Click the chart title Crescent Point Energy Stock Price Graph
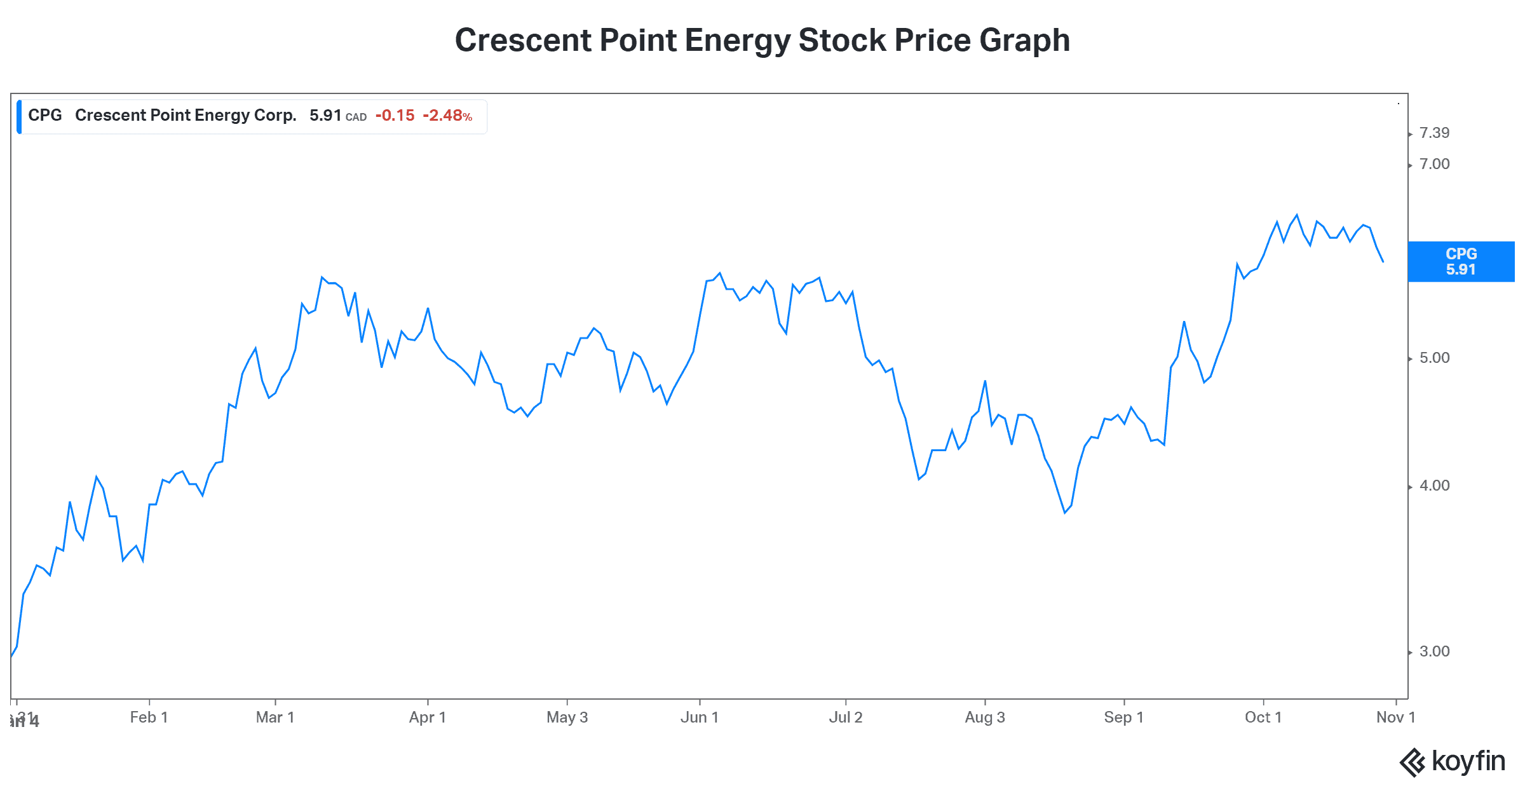762,41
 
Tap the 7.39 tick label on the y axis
1434,133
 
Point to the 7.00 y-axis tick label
1434,164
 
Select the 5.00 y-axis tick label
1434,358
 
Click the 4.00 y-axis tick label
1434,486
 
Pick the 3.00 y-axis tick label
1434,651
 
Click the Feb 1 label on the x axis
149,717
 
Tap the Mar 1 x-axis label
274,717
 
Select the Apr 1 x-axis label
427,717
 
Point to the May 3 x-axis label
567,717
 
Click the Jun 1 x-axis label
699,717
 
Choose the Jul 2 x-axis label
845,717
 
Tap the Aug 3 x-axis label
984,717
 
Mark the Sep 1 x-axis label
1123,717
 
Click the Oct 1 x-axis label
1263,717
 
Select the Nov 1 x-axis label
1395,717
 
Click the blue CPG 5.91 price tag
1461,261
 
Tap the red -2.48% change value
447,116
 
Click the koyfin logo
1452,761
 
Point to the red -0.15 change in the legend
395,116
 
